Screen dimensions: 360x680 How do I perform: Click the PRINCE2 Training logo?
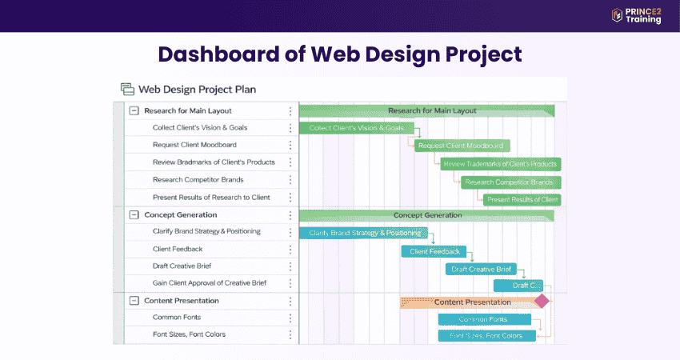(636, 15)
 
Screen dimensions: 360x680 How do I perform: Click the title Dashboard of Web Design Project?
(340, 54)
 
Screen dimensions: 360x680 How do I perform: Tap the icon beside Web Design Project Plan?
(127, 90)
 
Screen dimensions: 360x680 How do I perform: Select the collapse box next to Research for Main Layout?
(134, 110)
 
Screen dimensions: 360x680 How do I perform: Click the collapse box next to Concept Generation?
(134, 214)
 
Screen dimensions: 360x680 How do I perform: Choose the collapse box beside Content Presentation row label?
(134, 301)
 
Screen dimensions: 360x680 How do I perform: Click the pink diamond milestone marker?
(542, 301)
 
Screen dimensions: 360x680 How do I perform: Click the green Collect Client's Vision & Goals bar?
(357, 128)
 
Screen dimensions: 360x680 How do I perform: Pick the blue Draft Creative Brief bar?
(481, 269)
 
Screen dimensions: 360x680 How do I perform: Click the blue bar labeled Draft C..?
(518, 285)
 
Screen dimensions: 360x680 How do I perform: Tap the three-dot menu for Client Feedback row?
(290, 249)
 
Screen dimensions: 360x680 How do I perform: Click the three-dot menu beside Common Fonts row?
(290, 318)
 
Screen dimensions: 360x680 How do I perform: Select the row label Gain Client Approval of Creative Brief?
(210, 282)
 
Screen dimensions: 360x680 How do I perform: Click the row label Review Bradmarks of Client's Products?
(214, 162)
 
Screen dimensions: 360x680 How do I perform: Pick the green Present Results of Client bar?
(522, 199)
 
